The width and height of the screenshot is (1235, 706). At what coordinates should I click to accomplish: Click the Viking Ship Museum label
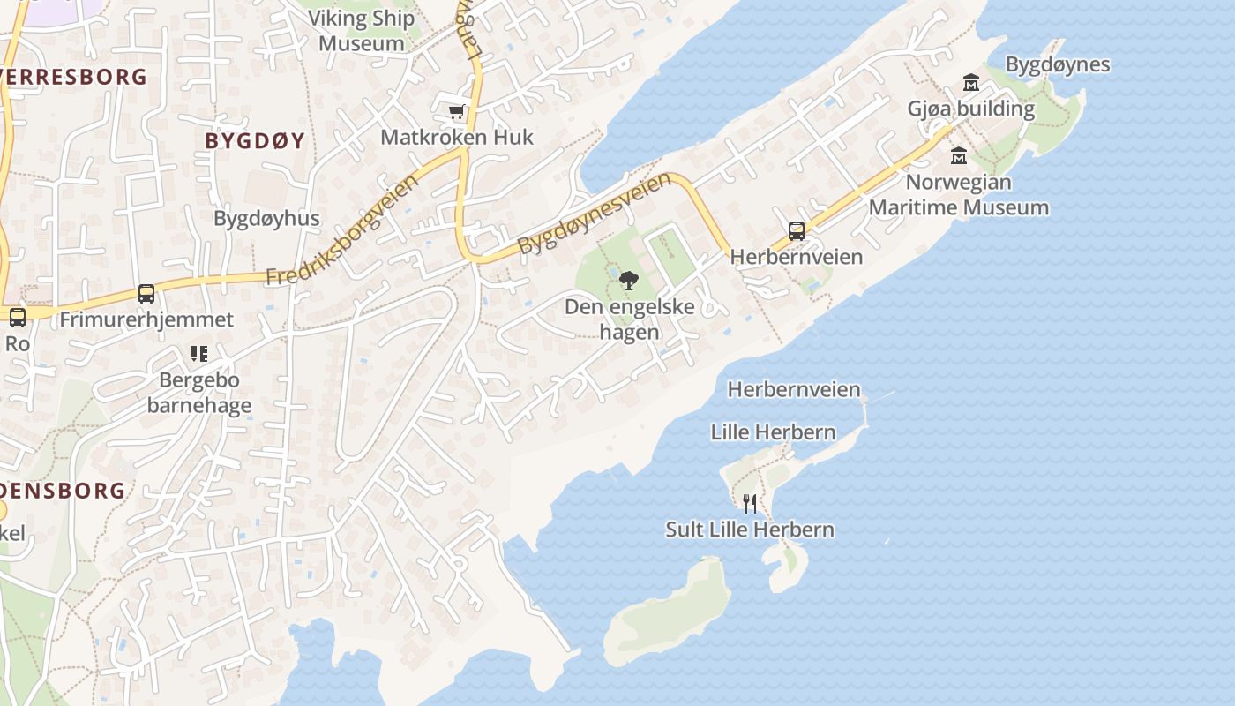361,31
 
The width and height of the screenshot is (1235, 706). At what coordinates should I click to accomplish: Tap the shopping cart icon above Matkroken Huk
456,111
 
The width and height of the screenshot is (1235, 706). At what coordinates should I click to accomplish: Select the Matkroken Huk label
457,138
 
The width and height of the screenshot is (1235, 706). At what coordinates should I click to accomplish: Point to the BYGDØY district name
255,140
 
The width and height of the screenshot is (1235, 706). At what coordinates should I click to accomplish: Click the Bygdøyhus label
266,218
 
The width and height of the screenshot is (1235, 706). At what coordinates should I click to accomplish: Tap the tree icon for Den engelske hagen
629,281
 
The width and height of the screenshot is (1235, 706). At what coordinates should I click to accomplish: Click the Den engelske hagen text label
630,319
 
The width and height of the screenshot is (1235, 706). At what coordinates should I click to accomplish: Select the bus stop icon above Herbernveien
797,231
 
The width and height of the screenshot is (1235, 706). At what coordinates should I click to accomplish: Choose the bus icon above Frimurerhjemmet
146,294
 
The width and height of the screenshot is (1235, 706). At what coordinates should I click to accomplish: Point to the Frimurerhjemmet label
146,319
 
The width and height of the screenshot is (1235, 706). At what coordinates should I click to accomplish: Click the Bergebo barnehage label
199,393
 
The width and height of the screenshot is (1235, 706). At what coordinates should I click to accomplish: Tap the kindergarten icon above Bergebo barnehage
199,354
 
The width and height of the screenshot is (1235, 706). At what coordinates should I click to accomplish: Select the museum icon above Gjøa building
971,83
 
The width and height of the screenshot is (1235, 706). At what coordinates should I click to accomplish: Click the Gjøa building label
971,109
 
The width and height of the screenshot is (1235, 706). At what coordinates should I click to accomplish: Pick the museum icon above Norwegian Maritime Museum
959,156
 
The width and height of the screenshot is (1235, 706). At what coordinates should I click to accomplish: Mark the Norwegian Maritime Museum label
959,195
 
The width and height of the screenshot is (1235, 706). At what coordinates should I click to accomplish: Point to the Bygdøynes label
1058,64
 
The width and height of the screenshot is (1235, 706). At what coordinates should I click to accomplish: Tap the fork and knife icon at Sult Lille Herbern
750,504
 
